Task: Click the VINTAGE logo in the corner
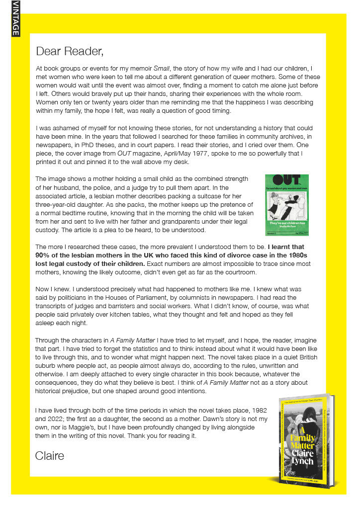point(15,18)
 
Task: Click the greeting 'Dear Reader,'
point(70,51)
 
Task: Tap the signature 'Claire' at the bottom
point(50,455)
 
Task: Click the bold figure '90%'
point(44,255)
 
